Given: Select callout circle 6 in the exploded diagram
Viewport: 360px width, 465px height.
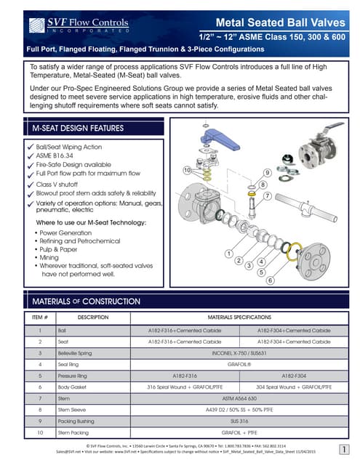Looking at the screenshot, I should coord(270,280).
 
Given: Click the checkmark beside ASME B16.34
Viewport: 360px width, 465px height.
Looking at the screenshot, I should coord(29,155).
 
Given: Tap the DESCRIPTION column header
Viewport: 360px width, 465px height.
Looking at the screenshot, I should coord(93,318).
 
